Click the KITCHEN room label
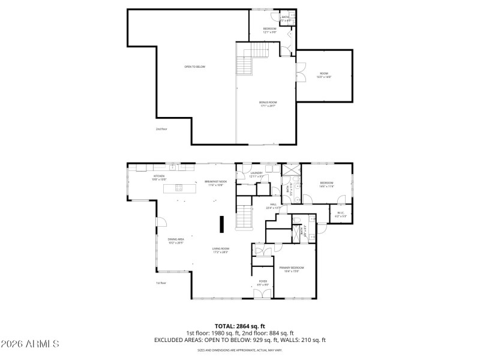pos(158,176)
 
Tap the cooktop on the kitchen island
pos(179,188)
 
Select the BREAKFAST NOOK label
pos(215,182)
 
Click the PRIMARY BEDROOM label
pos(289,269)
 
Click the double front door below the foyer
pos(263,293)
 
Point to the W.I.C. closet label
pos(340,214)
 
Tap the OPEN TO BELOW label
pos(194,67)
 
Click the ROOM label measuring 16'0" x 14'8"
pos(325,75)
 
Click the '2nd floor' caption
pos(161,128)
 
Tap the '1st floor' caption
pos(161,283)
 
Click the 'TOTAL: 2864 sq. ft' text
pos(239,326)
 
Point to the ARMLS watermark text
pos(30,344)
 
